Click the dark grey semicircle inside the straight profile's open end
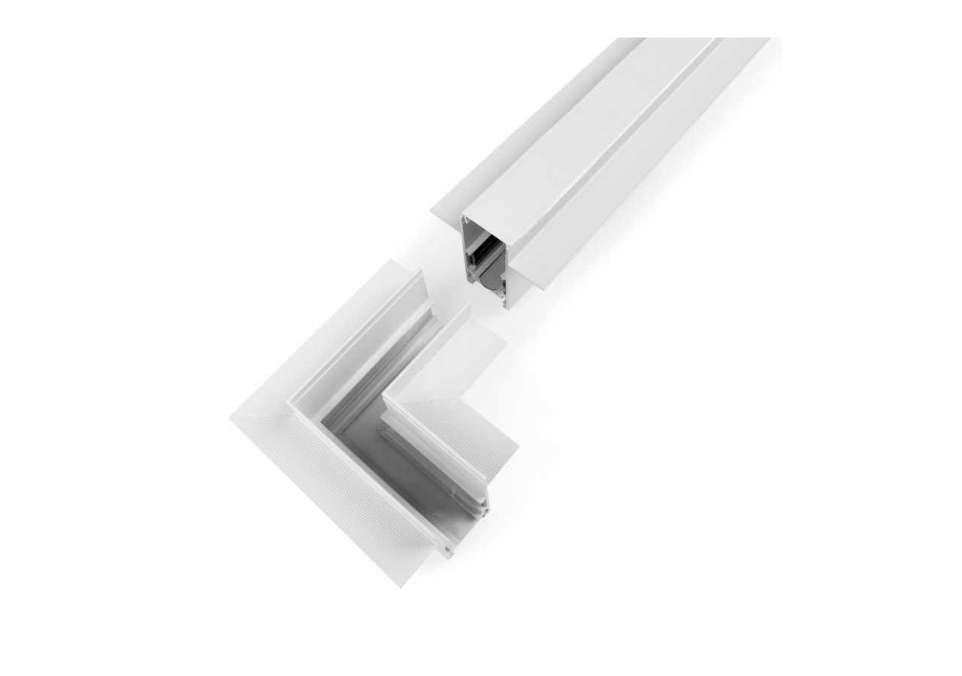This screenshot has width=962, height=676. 489,282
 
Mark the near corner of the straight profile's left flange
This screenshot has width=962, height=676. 431,213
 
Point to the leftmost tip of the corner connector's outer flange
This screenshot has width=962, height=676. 230,418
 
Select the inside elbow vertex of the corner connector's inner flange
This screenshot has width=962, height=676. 385,398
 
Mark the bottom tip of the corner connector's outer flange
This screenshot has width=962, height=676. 401,587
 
